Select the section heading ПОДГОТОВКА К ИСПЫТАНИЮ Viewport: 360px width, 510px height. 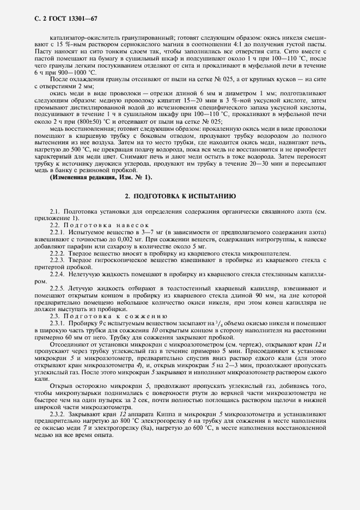(x=180, y=195)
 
